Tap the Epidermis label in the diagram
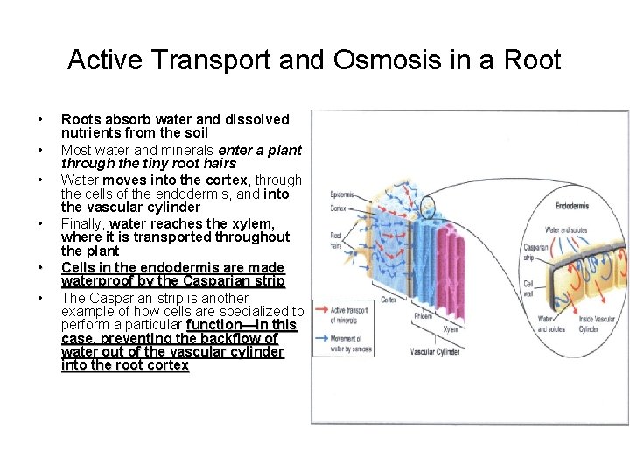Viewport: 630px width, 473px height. [342, 194]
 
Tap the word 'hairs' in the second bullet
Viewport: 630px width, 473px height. [219, 163]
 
